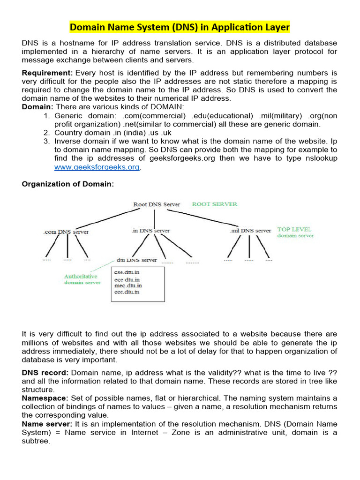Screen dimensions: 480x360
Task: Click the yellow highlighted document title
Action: tap(180, 28)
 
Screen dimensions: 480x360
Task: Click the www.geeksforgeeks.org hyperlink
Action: tap(97, 167)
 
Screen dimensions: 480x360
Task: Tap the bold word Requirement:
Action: tap(47, 73)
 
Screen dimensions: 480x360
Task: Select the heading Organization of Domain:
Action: tap(68, 184)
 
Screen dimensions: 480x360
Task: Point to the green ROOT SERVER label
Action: tap(215, 204)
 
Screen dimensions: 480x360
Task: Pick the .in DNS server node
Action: tap(151, 231)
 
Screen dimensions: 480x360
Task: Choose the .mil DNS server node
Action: tap(250, 231)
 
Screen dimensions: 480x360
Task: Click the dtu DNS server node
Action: tap(136, 260)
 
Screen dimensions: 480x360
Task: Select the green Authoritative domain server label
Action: tap(82, 279)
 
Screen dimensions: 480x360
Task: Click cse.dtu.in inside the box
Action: tap(127, 272)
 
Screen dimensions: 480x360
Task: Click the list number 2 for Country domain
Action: tap(46, 133)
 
